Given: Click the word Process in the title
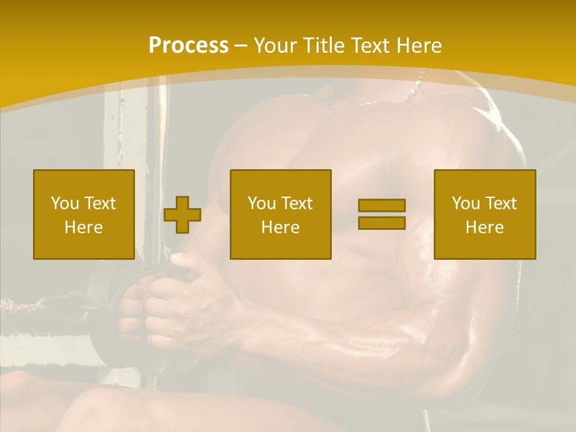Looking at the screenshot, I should click(x=188, y=46).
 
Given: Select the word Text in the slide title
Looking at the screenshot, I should click(x=369, y=46).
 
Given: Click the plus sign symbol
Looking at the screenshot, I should click(x=182, y=215).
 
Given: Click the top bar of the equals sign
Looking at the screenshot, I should click(x=382, y=205).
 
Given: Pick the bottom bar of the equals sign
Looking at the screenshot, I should click(x=382, y=223).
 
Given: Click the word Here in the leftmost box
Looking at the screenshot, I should click(x=84, y=227).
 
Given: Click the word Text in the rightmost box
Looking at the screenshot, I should click(x=501, y=203).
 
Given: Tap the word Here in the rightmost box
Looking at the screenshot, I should click(x=485, y=227).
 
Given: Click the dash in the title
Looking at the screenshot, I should click(x=241, y=46).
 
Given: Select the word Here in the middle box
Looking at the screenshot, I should click(x=281, y=227).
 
